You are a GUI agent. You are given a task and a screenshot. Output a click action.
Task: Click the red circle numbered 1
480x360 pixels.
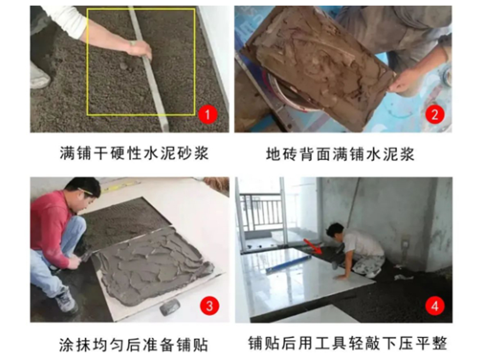pos(208,115)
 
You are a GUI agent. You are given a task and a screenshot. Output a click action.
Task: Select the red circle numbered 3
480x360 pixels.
pos(209,305)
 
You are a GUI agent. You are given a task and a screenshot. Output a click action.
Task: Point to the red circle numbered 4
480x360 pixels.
pos(435,305)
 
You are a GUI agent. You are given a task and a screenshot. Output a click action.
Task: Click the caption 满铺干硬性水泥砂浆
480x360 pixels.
pos(134,153)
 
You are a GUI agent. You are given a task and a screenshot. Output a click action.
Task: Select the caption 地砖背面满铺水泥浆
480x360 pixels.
pos(340,154)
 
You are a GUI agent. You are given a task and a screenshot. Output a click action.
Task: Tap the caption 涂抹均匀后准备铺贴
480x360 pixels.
pos(134,345)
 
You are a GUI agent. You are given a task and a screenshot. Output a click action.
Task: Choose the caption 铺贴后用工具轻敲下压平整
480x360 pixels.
pos(348,343)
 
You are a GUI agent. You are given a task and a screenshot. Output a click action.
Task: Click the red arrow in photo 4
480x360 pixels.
pos(312,246)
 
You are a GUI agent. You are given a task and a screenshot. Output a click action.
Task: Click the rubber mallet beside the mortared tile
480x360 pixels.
pos(170,307)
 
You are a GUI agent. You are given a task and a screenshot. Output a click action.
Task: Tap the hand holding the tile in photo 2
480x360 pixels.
pos(404,80)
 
